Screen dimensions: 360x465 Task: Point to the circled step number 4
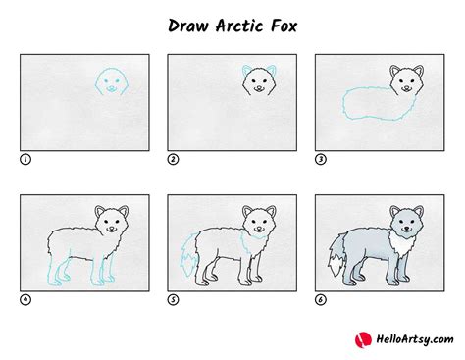click(x=25, y=299)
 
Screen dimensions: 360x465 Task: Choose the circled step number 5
click(x=173, y=299)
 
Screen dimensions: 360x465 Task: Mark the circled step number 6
click(x=320, y=299)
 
